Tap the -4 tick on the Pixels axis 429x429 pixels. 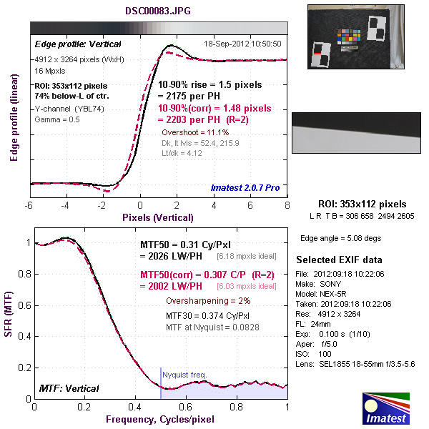pos(65,206)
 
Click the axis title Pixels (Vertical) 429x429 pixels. pos(157,217)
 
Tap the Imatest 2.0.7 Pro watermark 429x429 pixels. pos(244,188)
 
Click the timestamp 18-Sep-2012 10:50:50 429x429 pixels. pos(242,43)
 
